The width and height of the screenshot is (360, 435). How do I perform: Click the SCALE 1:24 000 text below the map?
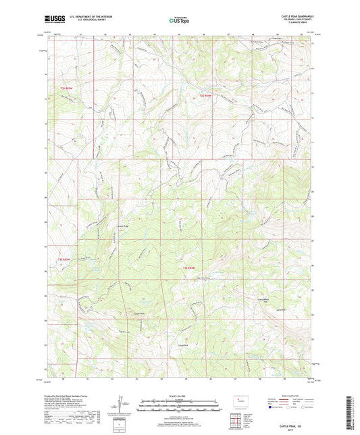[x=180, y=396]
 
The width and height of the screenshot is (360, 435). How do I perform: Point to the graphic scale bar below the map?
[x=180, y=407]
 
